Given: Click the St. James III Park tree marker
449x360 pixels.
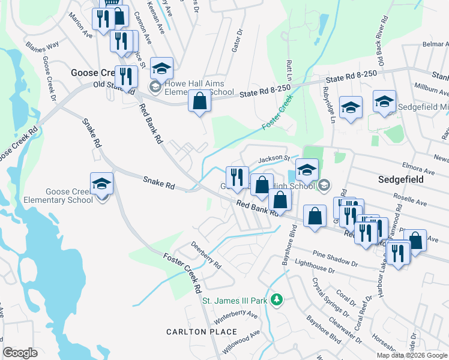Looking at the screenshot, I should point(276,299).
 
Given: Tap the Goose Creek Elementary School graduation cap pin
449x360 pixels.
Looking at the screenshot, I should point(102,185).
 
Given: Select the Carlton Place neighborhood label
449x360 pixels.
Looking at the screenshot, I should point(202,332).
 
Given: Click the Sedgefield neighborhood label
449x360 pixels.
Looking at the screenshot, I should point(402,179).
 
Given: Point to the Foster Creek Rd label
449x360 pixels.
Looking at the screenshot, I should point(182,271).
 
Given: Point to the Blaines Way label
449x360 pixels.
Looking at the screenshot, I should point(42,45).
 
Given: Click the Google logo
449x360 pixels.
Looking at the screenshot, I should point(20,353).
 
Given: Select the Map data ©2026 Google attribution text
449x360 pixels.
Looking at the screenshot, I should point(412,355).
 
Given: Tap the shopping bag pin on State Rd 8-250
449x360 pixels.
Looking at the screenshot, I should point(200,102).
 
